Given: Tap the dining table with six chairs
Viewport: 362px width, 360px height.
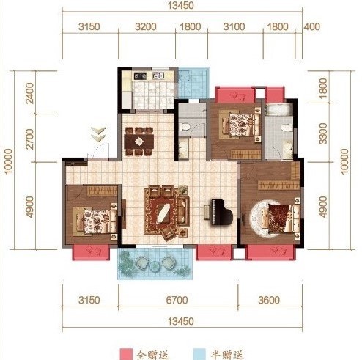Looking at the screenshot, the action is pos(138,142).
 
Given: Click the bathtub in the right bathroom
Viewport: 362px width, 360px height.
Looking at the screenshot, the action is pos(279,109).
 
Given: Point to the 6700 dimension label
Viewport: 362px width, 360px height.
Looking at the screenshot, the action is pos(177,300).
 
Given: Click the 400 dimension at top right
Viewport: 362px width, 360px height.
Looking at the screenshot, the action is pos(311,26).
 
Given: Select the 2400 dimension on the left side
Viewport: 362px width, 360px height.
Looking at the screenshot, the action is pos(30,93).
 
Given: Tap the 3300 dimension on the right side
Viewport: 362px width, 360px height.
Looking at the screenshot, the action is pos(323,133).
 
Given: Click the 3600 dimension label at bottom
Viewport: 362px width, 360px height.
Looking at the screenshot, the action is pos(269,300).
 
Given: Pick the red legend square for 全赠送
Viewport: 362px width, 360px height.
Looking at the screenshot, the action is pos(126,354).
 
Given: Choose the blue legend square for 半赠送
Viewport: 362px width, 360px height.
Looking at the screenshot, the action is pos(199,354).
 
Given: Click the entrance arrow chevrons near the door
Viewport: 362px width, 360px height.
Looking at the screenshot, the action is pos(98,134).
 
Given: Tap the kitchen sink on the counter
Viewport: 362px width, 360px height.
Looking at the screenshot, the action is pos(158,76).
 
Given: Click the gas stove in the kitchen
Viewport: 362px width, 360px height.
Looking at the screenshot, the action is pos(140,76).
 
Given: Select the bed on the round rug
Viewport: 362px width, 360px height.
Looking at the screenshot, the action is pos(281,218).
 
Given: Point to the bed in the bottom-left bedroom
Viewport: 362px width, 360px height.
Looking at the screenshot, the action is pos(96,221).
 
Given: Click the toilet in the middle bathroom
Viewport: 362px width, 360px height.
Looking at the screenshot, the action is pos(185,127).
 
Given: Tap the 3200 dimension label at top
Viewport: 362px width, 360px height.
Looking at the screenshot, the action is pos(146,26).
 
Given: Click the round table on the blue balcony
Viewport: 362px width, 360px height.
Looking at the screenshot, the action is pos(155,266).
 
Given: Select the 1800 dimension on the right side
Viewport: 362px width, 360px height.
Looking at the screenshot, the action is pos(323,88).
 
